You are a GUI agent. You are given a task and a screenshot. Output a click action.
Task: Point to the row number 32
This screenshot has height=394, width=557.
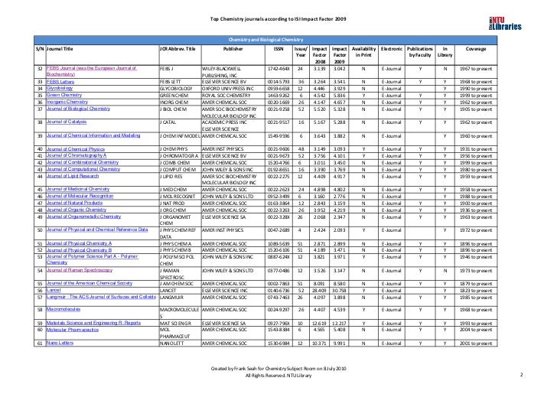point(39,69)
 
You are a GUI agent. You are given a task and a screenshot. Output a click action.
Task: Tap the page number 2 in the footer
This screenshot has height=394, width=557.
point(521,375)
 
